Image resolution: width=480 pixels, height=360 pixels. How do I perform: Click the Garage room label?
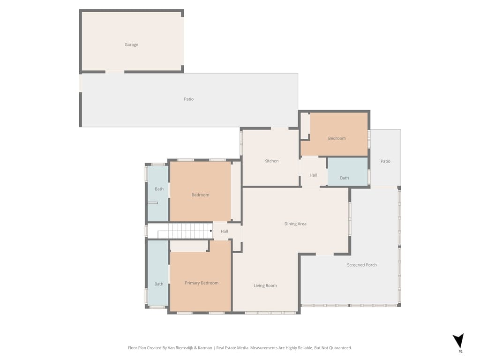[x=131, y=45]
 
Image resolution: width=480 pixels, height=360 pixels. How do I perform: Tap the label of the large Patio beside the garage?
[x=188, y=99]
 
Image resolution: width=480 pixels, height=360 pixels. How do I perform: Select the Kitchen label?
[x=271, y=161]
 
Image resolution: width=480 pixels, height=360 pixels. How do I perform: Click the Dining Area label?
[x=295, y=224]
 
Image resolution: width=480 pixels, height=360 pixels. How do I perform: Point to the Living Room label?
[x=265, y=286]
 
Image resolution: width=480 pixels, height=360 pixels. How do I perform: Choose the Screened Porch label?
[x=362, y=265]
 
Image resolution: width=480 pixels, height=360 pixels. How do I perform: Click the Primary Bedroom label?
[x=202, y=283]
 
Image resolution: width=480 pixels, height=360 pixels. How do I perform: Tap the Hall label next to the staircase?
[x=225, y=232]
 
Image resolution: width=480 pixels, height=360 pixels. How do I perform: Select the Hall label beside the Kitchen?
[x=313, y=175]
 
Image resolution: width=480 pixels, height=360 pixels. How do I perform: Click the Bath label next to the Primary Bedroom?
[x=159, y=284]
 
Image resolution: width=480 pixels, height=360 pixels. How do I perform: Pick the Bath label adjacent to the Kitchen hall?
[x=345, y=178]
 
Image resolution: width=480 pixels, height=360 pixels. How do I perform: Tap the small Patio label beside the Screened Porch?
[x=385, y=161]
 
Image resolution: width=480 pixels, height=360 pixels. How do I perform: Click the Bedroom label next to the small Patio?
[x=337, y=138]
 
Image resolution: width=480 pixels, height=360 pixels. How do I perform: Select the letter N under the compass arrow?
[x=461, y=352]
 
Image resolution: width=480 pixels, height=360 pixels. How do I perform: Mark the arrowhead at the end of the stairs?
[x=211, y=231]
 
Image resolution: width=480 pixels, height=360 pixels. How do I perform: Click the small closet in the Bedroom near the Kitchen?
[x=305, y=126]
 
